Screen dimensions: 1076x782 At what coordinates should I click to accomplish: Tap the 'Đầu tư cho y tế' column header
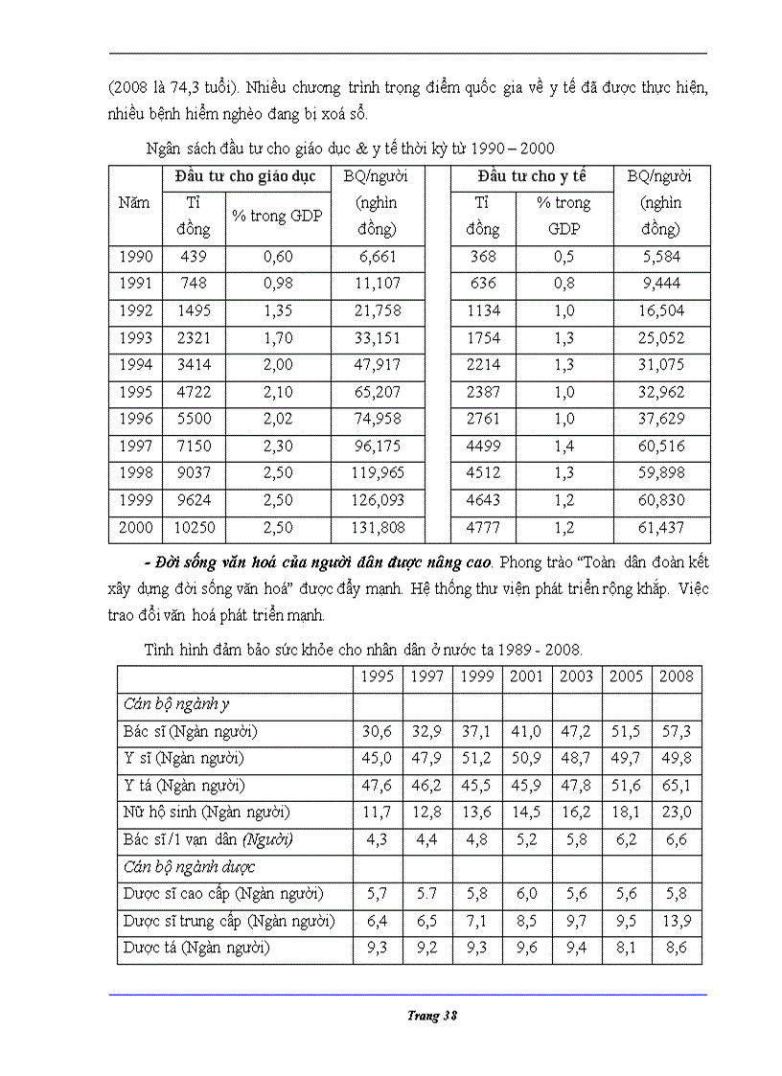pos(532,177)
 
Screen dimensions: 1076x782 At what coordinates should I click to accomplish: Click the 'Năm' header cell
pos(134,203)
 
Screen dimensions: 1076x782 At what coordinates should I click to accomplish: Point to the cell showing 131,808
pos(378,527)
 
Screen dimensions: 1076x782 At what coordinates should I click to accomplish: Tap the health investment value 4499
pos(483,446)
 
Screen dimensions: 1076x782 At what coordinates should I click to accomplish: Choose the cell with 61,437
pos(661,527)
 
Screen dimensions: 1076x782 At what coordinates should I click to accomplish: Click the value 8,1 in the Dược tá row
pos(627,948)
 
